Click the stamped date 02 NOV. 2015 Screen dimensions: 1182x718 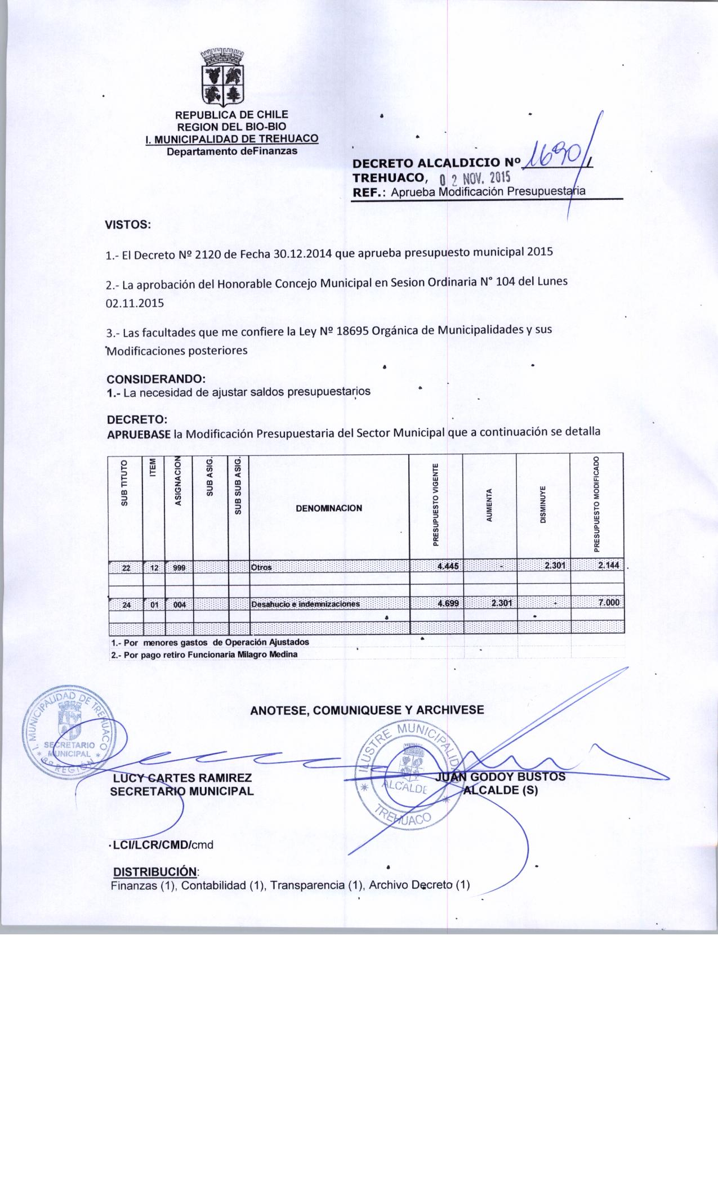474,178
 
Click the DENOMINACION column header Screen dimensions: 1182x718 329,508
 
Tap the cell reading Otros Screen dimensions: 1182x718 262,567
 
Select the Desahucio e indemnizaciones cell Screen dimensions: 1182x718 305,604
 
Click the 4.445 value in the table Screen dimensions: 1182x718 448,567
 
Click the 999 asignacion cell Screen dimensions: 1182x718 180,567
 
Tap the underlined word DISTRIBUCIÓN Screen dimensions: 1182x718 155,872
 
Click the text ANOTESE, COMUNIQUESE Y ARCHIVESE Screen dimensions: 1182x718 367,710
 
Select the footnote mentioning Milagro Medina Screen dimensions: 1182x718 204,655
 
